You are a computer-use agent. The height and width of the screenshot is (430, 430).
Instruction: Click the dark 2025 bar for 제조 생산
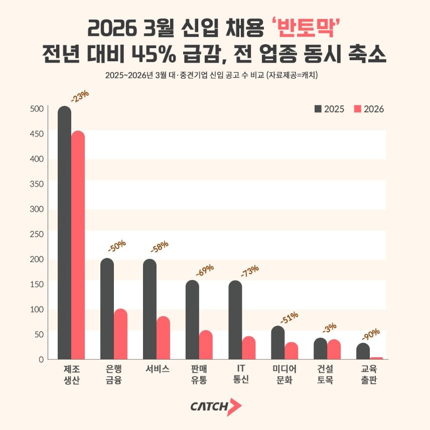point(64,233)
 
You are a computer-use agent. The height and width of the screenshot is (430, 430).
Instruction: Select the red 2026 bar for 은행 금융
point(120,334)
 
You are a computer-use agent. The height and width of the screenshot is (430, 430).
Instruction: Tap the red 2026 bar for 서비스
point(163,338)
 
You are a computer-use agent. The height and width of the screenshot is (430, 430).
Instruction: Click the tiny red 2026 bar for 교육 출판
point(377,358)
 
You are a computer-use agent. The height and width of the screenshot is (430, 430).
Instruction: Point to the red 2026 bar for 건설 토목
point(334,350)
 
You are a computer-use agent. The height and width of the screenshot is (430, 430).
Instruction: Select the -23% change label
point(79,96)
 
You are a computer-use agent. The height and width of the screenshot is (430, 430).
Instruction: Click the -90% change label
point(371,334)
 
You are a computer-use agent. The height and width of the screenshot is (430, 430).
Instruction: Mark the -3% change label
point(329,328)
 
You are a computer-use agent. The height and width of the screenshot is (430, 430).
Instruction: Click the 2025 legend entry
point(329,109)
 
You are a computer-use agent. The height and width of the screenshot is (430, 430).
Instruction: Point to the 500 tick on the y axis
point(38,109)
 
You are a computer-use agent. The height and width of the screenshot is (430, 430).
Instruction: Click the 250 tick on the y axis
point(38,234)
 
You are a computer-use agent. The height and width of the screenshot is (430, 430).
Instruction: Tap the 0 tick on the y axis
point(41,359)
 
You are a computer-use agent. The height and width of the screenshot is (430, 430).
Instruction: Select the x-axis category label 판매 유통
point(199,374)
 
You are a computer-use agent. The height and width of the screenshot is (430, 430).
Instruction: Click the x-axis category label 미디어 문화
point(284,374)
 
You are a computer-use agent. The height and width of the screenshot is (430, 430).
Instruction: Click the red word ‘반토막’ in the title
point(307,28)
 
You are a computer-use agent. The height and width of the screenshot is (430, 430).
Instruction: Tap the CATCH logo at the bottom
point(216,406)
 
